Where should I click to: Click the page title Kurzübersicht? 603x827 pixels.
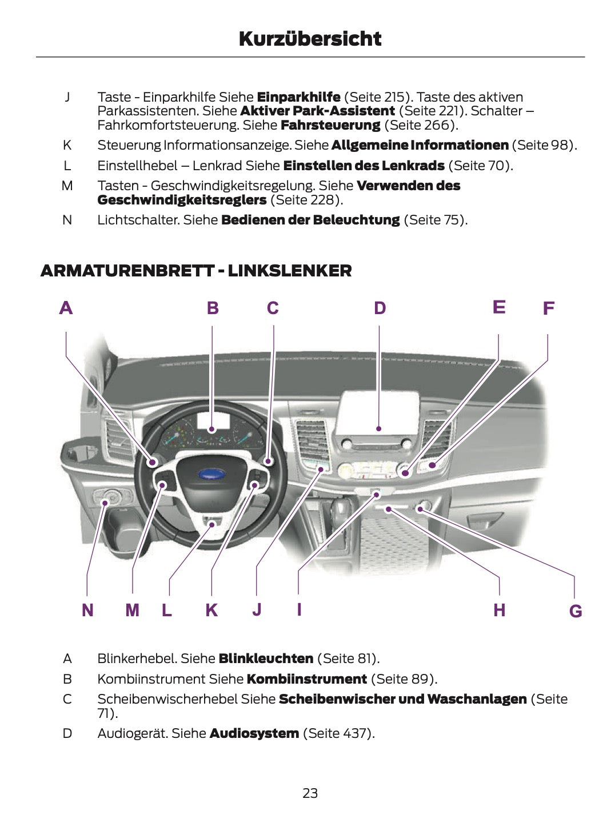(310, 39)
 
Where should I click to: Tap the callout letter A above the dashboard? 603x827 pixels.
(66, 308)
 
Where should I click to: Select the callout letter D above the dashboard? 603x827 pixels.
(380, 308)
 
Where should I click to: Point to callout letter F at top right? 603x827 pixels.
(548, 308)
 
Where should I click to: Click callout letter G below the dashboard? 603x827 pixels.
(575, 611)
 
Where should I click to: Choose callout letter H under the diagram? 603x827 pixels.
(499, 610)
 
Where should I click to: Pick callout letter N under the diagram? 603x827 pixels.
(87, 610)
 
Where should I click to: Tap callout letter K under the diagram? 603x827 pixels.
(211, 610)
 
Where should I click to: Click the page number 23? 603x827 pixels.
(310, 793)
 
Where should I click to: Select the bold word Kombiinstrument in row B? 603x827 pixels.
(306, 679)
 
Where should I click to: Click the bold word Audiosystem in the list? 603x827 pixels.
(254, 733)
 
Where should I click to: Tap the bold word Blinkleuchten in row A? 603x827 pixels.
(266, 659)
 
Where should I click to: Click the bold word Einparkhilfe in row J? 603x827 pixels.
(298, 97)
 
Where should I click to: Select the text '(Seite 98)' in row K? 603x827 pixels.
(544, 145)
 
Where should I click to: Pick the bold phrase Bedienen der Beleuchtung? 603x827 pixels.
(310, 220)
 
